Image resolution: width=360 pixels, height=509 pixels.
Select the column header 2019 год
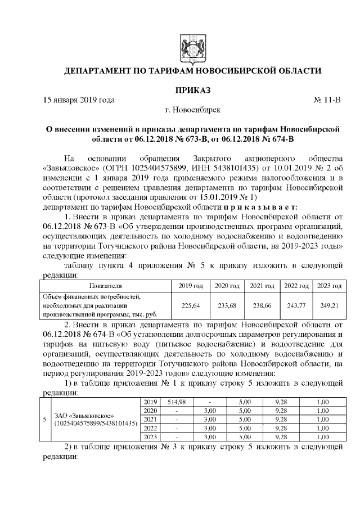click(190, 286)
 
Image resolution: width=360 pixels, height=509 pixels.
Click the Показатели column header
click(104, 286)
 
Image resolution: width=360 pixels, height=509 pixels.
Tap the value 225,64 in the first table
click(190, 306)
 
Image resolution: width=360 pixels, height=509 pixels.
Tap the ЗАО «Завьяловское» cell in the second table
click(94, 419)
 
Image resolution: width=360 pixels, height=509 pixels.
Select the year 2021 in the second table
click(150, 419)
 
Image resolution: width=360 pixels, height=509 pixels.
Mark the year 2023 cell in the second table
click(150, 436)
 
